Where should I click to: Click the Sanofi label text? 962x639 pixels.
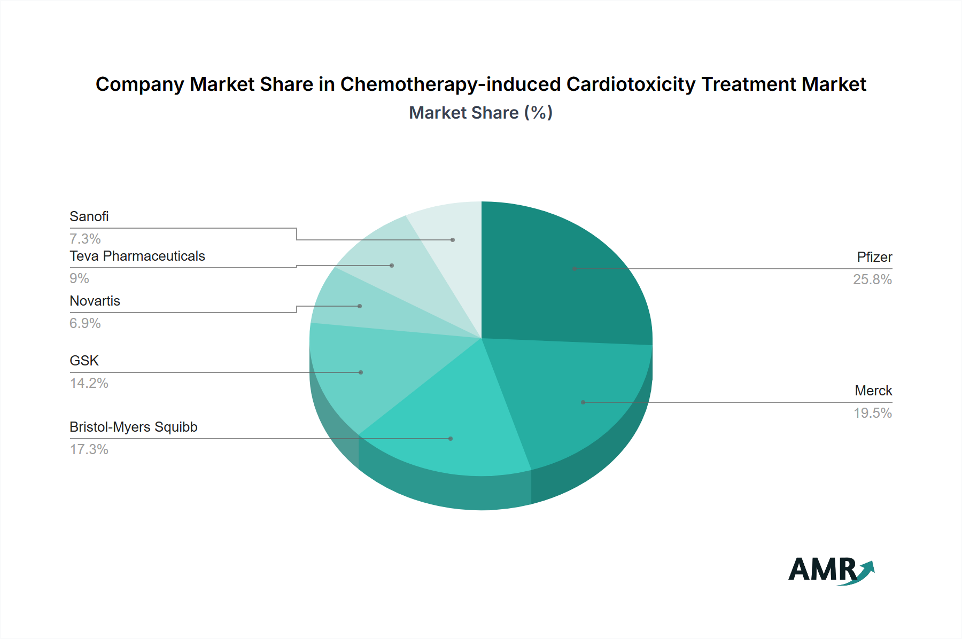(89, 216)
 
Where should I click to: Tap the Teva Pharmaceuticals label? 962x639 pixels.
(137, 256)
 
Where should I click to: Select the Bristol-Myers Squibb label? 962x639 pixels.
(134, 427)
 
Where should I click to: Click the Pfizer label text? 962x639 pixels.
(874, 257)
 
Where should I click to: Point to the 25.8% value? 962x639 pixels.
(872, 279)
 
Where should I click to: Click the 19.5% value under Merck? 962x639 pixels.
(873, 413)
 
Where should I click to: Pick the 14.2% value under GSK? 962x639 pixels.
(89, 383)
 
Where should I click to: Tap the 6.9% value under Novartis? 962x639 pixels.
(86, 323)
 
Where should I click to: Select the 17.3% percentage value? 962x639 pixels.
(89, 449)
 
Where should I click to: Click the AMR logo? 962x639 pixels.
(831, 571)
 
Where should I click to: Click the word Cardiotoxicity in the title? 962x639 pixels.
(631, 84)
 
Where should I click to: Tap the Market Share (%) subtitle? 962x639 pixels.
(480, 113)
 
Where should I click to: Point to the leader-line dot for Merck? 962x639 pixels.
(583, 402)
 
